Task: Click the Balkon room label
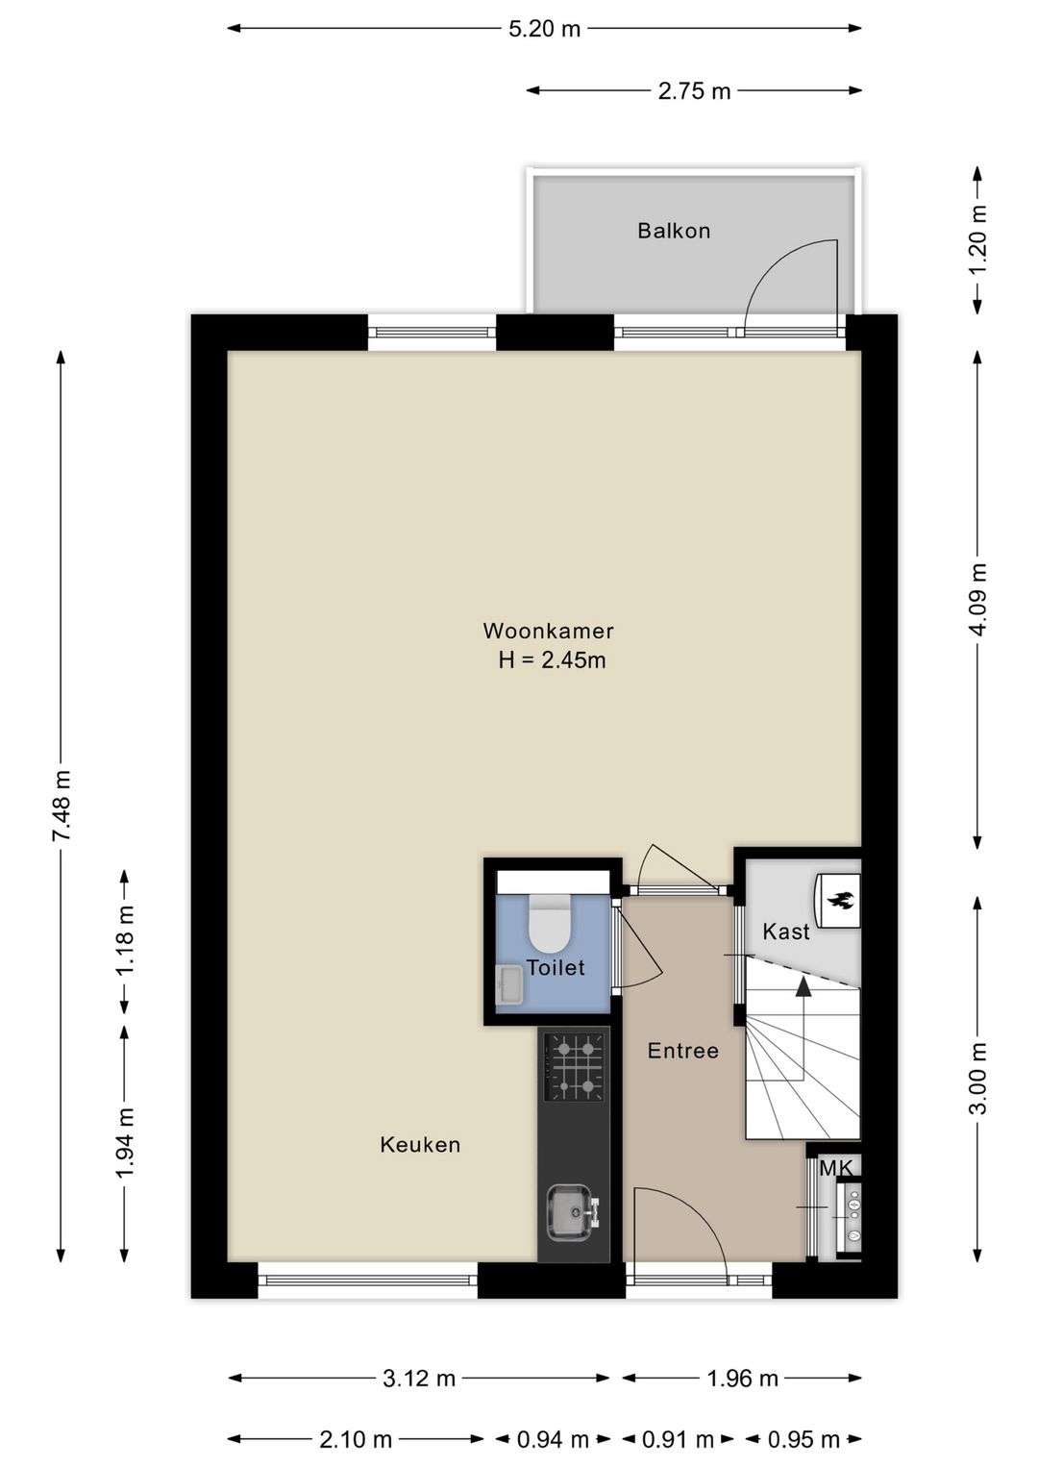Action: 674,231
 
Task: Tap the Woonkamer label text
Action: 548,631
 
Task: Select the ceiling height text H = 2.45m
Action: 552,660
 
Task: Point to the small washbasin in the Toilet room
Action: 509,985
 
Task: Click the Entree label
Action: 683,1051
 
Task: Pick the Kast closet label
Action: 786,932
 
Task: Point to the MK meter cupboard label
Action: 836,1168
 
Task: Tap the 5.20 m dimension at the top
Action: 545,29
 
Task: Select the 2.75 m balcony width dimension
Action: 694,90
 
